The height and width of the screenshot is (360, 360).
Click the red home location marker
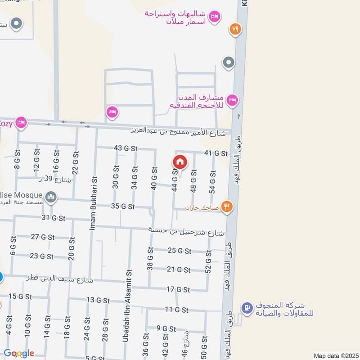tap(180, 162)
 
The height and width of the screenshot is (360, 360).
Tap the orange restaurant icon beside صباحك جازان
tap(228, 207)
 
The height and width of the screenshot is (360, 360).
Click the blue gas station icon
tap(246, 308)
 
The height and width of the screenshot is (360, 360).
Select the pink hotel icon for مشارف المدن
tap(232, 100)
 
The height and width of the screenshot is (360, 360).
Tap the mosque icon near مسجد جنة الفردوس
tap(51, 197)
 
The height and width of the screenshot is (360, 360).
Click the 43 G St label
tap(126, 148)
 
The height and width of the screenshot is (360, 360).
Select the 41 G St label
tap(216, 153)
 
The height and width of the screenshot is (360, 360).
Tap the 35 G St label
tap(123, 207)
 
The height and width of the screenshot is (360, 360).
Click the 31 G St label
tap(54, 218)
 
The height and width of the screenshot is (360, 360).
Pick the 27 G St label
tap(42, 237)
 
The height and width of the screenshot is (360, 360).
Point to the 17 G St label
tap(177, 289)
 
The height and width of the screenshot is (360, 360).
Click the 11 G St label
tap(176, 310)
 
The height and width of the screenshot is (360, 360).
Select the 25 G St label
tap(179, 251)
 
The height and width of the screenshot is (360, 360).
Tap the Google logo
tap(19, 353)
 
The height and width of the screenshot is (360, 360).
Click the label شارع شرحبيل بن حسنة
tap(186, 231)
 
